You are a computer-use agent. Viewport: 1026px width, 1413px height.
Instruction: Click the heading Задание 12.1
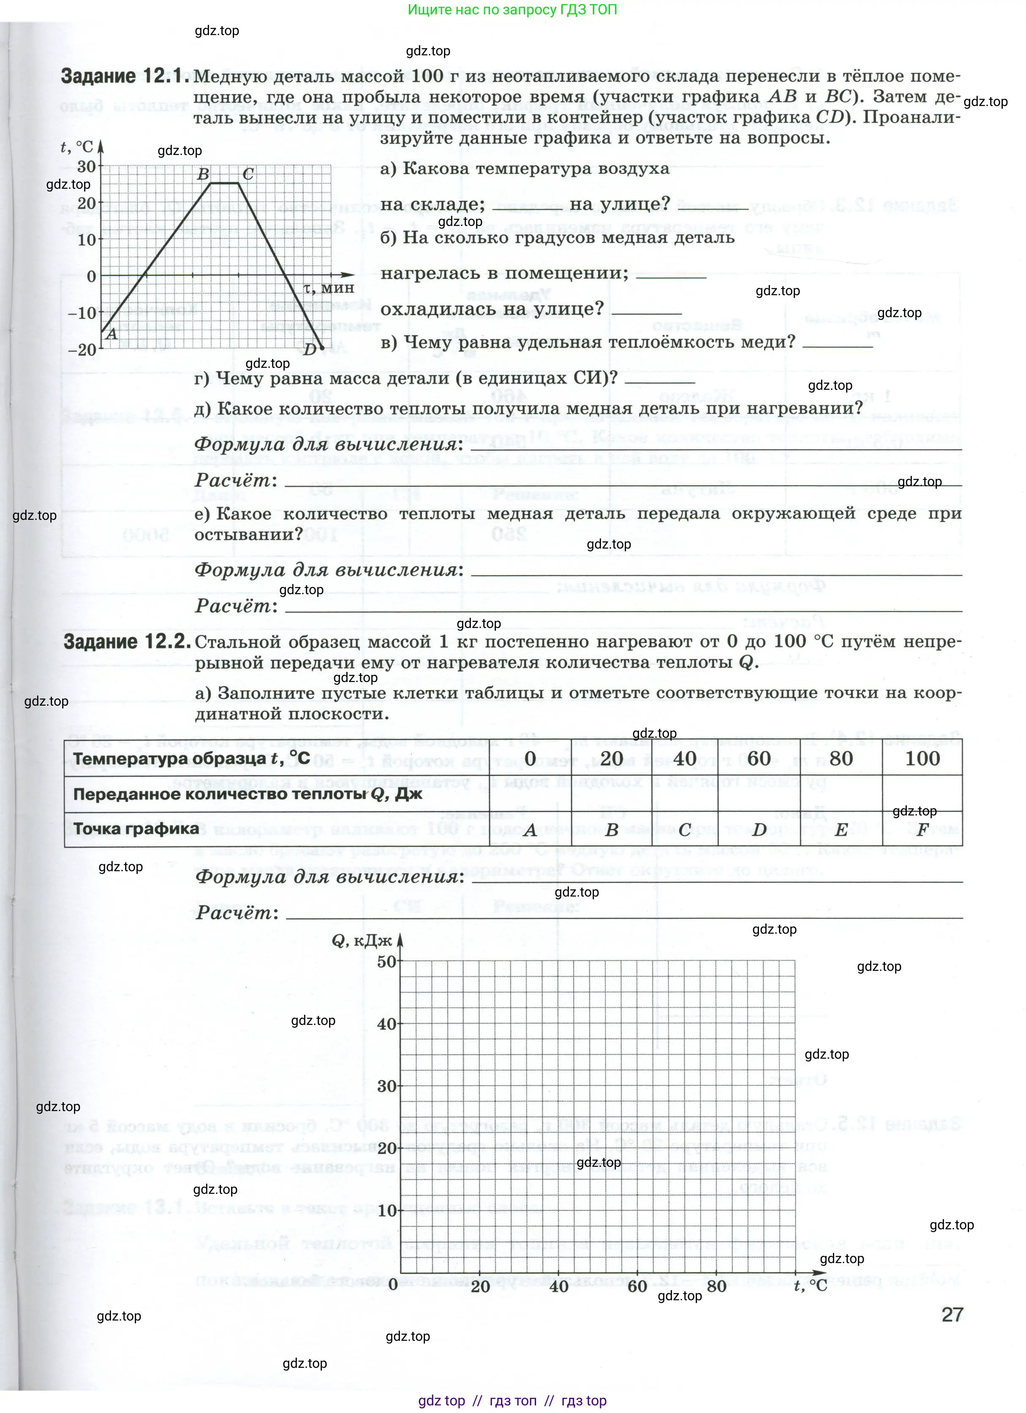coord(124,76)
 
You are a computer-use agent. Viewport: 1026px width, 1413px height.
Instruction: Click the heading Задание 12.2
coord(127,642)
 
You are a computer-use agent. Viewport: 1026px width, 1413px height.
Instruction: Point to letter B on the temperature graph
coord(203,174)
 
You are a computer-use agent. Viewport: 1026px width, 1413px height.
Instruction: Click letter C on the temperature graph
coord(248,174)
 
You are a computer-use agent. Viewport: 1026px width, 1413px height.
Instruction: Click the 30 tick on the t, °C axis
coord(87,166)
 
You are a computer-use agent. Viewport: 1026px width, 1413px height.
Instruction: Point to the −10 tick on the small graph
coord(82,313)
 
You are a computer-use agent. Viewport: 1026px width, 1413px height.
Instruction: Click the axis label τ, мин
coord(329,288)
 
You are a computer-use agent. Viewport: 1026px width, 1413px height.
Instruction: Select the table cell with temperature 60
coord(759,758)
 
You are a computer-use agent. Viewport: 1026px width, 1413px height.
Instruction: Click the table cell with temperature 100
coord(922,758)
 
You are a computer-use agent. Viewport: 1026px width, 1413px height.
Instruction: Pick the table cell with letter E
coord(841,829)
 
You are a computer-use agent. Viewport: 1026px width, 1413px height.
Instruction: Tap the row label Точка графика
coord(136,829)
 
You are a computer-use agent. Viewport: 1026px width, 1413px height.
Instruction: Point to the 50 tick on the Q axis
coord(386,961)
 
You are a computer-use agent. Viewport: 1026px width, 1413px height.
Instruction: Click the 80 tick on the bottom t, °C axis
coord(717,1285)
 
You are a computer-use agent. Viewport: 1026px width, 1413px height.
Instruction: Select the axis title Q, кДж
coord(362,940)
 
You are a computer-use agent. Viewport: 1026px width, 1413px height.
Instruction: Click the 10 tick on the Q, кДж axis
coord(386,1211)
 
